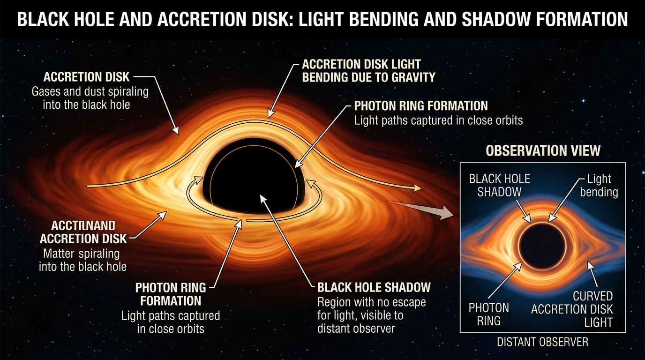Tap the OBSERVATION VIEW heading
pyautogui.click(x=543, y=150)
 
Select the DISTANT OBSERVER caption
pyautogui.click(x=542, y=342)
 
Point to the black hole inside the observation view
pyautogui.click(x=542, y=246)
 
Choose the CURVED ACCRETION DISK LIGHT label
pyautogui.click(x=572, y=309)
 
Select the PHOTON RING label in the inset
pyautogui.click(x=489, y=314)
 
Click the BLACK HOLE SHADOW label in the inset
pyautogui.click(x=500, y=185)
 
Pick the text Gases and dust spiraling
pyautogui.click(x=90, y=91)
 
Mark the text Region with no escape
pyautogui.click(x=372, y=302)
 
